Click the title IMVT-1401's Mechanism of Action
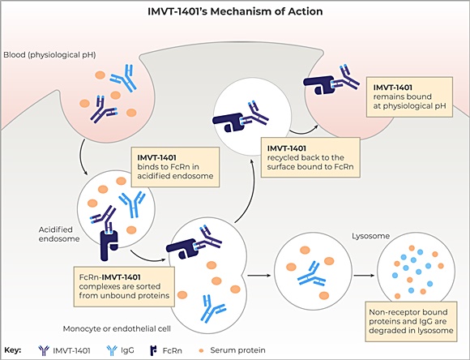coord(235,11)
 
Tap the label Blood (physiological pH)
coord(49,55)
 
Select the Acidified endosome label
coord(59,234)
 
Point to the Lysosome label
coord(371,236)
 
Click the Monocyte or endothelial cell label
coord(117,329)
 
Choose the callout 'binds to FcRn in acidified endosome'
coord(175,167)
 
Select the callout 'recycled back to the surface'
coord(310,157)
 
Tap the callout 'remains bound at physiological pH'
coord(409,97)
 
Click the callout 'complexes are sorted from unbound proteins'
coord(124,286)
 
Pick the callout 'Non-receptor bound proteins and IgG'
coord(411,321)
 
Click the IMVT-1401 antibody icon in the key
coord(44,350)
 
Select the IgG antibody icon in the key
coord(112,350)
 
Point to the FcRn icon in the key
coord(153,350)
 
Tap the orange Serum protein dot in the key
coord(202,350)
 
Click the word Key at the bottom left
coord(13,350)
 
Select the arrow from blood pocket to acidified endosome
coord(82,157)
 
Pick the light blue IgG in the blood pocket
coord(123,78)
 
